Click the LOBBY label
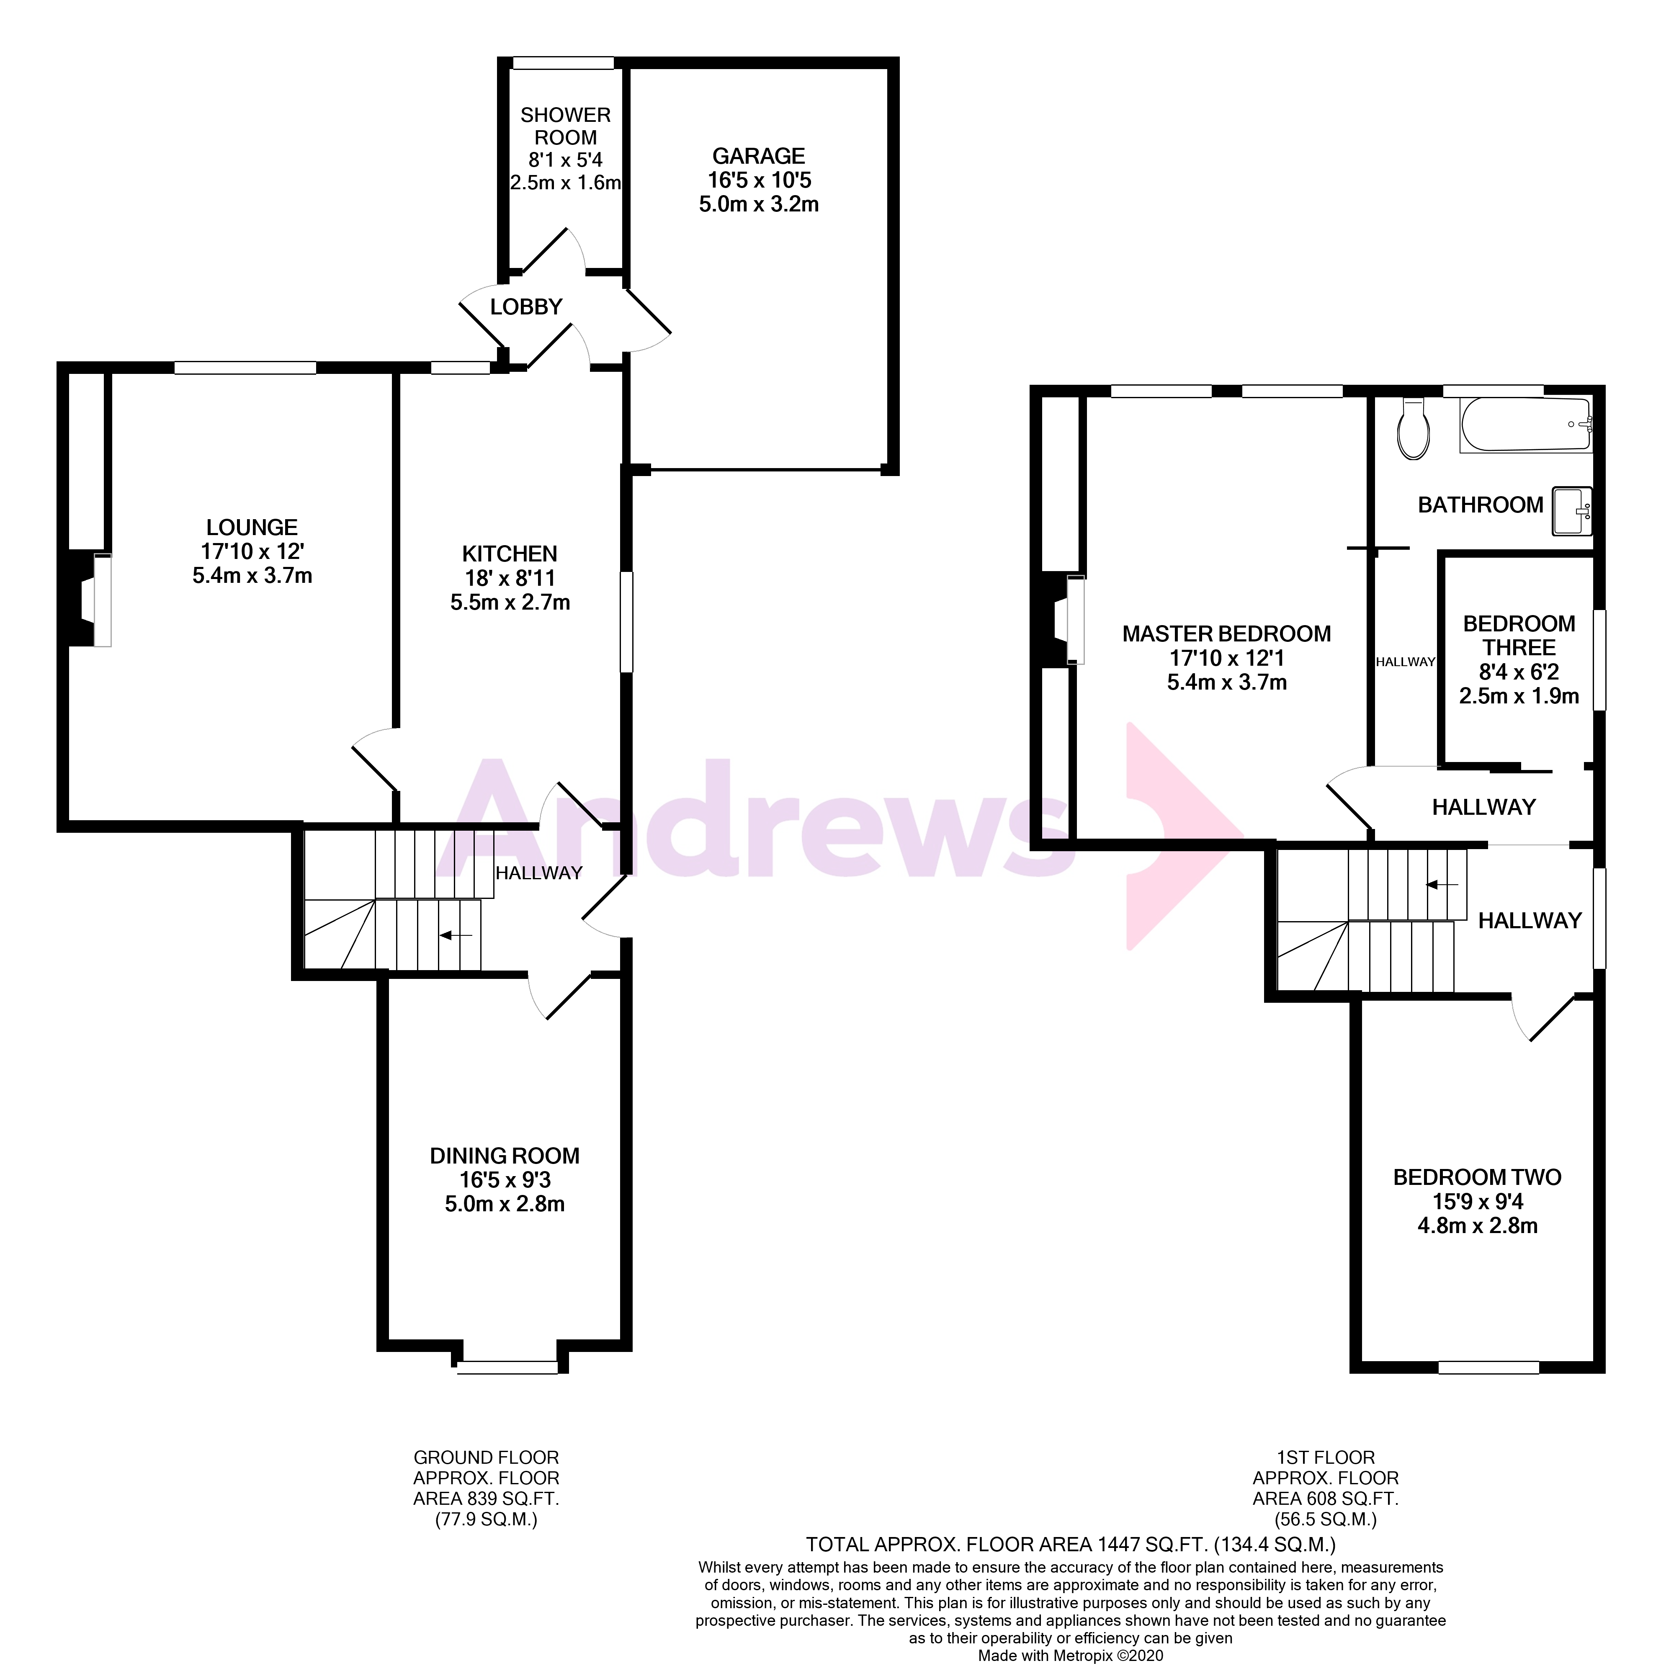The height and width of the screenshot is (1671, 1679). pos(526,307)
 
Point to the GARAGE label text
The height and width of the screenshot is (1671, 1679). pos(759,157)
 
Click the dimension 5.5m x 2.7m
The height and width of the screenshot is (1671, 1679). pos(510,602)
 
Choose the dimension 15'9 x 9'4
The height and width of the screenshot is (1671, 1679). pos(1477,1202)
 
